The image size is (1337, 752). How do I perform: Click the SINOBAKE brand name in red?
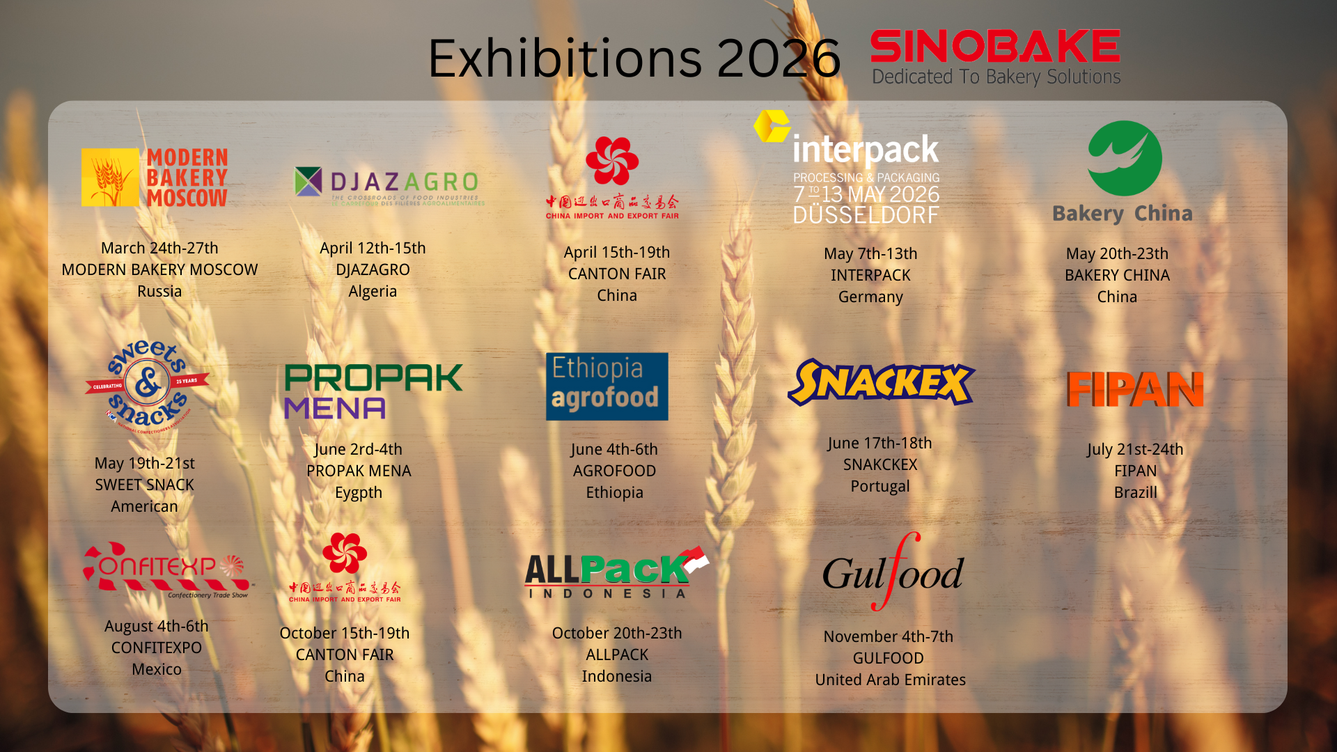coord(994,47)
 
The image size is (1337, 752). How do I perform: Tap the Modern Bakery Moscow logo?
coord(155,178)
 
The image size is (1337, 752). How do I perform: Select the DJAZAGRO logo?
coord(389,185)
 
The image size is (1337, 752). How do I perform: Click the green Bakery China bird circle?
coord(1124,158)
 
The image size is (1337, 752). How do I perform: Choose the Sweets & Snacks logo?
coord(147,384)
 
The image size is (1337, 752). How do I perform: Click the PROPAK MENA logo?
coord(373,391)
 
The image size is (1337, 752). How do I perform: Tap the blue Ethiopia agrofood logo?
coord(607,386)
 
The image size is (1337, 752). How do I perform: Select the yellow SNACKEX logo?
coord(881,382)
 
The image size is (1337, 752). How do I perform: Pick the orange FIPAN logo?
coord(1135,389)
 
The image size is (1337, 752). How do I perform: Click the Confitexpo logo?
coord(167,569)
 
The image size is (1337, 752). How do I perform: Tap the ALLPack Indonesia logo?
coord(616,572)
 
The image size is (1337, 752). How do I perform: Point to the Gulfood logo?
coord(893,572)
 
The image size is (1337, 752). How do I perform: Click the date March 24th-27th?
coord(159,248)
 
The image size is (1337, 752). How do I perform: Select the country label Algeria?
coord(373,291)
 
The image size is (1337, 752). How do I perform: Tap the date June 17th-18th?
coord(879,443)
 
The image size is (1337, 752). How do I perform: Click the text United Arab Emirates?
coord(890,680)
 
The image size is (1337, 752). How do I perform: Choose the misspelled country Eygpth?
coord(359,492)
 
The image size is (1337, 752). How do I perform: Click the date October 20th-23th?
coord(617,633)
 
